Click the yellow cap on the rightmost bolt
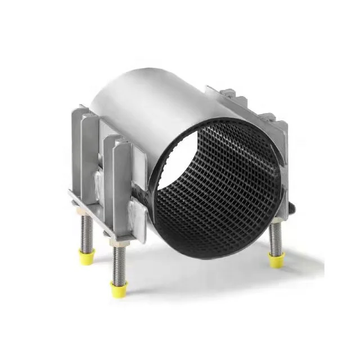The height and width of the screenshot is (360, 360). click(276, 259)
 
